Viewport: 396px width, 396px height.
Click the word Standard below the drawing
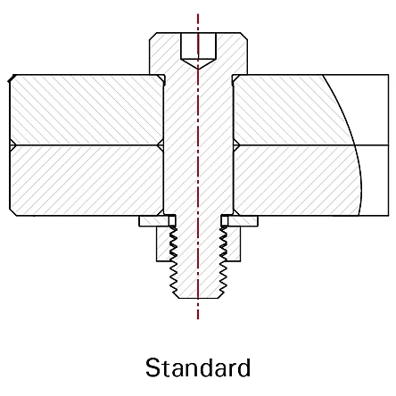coord(198,367)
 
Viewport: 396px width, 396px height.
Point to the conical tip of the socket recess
coord(198,69)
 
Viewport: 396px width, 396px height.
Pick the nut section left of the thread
coord(163,243)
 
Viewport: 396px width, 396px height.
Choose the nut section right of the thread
coord(233,243)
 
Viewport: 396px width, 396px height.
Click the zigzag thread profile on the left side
coord(173,261)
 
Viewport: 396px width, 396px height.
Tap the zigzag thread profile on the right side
coord(224,261)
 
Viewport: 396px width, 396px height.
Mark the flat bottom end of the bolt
coord(198,298)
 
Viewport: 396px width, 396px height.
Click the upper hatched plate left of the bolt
coord(87,110)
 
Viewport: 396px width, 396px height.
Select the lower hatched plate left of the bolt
coord(87,180)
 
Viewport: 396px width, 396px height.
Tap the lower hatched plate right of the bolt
coord(297,180)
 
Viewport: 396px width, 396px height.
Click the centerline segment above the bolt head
coord(198,23)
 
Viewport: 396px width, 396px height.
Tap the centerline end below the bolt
coord(198,318)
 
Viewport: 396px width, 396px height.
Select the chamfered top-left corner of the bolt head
coord(153,36)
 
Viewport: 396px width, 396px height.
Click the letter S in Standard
coord(153,367)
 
